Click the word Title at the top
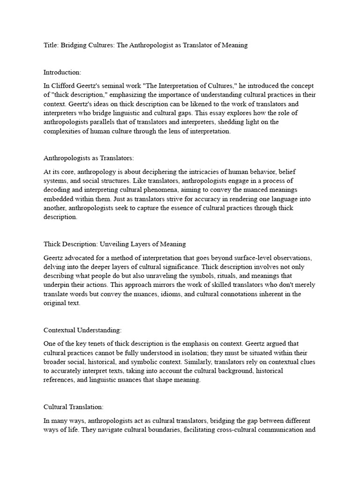point(51,45)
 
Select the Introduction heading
point(62,72)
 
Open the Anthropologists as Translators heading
point(89,158)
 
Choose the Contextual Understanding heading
point(82,330)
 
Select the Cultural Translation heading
point(73,407)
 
